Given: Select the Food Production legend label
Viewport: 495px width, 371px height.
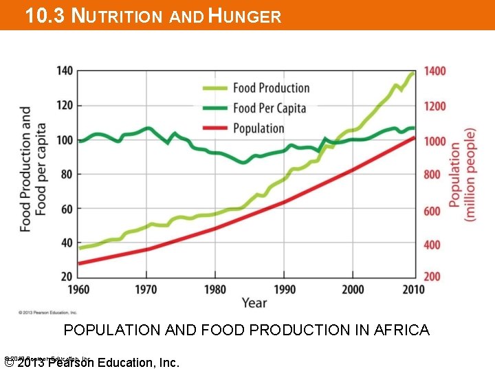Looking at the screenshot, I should tap(271, 88).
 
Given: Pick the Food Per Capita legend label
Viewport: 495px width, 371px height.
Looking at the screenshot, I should tap(269, 108).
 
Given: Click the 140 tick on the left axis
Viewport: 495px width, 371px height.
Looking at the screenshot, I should tap(65, 71).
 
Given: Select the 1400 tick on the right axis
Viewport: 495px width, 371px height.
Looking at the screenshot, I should tap(434, 71).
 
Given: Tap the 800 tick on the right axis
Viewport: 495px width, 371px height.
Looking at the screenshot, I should tap(432, 175).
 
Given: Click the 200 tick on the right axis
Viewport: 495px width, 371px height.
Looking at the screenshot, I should tap(432, 276).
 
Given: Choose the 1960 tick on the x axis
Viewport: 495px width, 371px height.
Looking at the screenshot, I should tap(79, 289).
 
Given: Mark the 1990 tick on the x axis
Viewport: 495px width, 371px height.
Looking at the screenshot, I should tap(284, 289).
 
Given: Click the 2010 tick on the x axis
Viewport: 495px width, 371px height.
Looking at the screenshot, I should tap(414, 289).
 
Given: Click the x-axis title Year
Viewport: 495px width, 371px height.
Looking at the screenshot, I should tap(254, 302).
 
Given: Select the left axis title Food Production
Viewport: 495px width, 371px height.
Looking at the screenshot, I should tap(25, 168).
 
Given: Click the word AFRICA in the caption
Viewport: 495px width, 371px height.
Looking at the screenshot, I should tap(401, 330).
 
